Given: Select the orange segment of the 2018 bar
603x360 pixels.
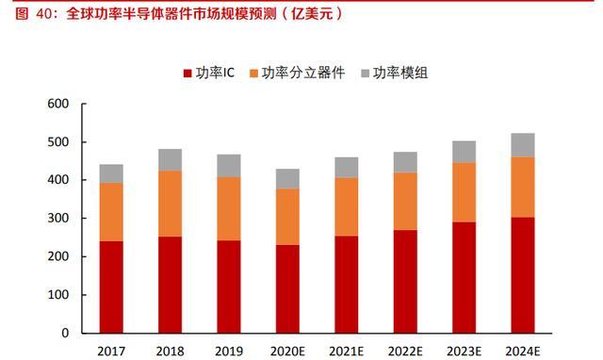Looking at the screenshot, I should click(170, 204).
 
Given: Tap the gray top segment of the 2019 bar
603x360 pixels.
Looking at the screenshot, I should click(228, 166).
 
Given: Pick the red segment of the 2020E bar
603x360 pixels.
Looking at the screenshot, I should click(286, 288).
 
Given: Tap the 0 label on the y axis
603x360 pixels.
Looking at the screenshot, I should click(64, 334).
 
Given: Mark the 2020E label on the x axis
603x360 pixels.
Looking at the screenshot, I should click(286, 352).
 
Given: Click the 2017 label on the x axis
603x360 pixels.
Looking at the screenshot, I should click(111, 352).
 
